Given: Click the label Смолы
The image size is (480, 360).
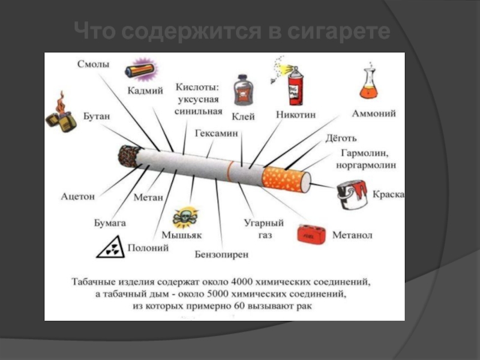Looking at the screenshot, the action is click(93, 64).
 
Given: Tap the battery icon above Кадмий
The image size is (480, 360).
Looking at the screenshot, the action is click(140, 70).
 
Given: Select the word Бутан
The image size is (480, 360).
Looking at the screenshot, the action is click(97, 116).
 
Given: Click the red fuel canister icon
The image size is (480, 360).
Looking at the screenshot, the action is click(311, 233).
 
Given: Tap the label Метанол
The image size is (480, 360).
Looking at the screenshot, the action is click(352, 235).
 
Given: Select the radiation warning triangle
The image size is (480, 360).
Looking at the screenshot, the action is click(110, 247).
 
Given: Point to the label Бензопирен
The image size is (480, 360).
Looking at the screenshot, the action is click(222, 254).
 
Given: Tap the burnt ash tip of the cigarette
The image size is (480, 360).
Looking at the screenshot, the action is click(128, 156).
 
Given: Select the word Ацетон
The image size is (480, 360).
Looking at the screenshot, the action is click(78, 196).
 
